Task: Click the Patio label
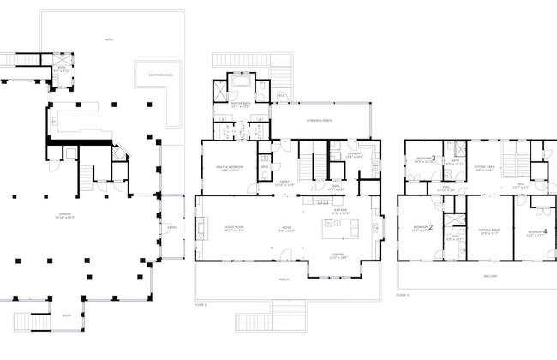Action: coord(109,39)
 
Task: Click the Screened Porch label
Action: coord(320,120)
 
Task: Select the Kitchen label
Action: coord(339,211)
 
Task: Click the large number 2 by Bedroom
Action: coord(431,228)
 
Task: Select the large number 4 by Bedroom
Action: coord(545,231)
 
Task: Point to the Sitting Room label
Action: coord(488,231)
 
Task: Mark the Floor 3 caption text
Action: coord(402,294)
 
